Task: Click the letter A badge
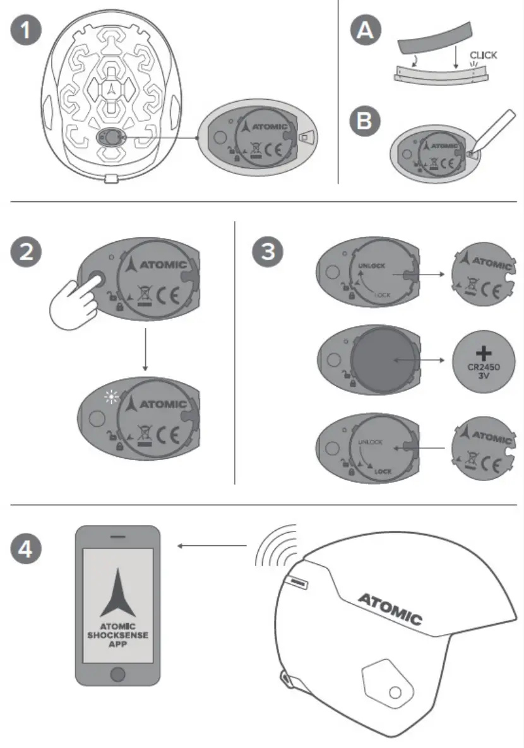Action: tap(366, 31)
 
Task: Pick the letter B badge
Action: tap(366, 121)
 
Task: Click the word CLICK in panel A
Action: tap(483, 55)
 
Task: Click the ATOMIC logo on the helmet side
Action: tap(390, 608)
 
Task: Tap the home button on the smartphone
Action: tap(118, 675)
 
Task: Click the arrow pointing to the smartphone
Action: tap(211, 545)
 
